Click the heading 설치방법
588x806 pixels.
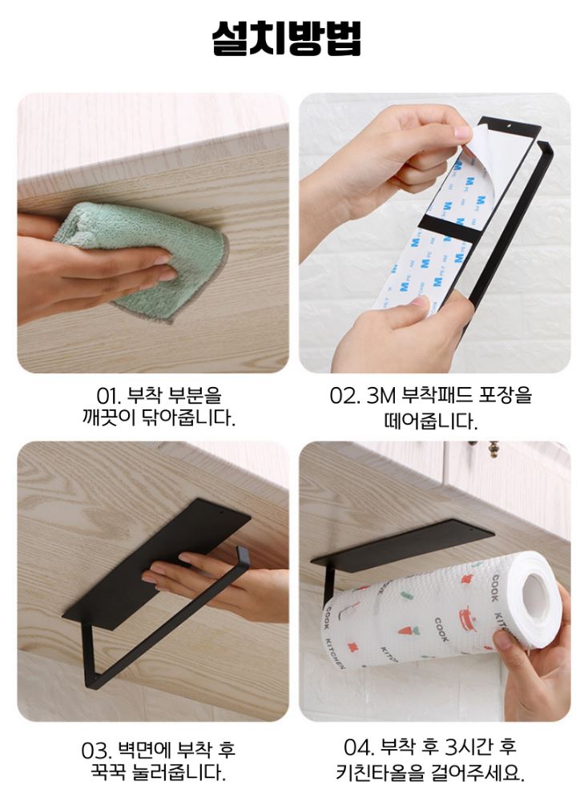point(286,38)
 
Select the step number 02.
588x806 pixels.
point(344,397)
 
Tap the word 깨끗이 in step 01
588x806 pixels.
point(108,418)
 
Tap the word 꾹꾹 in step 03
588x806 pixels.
point(108,772)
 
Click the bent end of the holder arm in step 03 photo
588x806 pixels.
point(242,554)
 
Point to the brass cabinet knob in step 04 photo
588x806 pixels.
point(482,447)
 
